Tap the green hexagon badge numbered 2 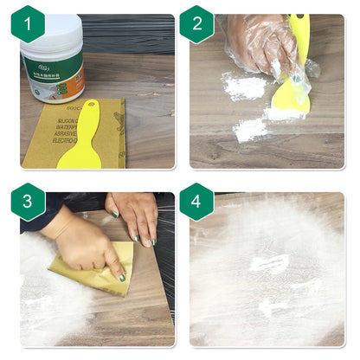coord(196,24)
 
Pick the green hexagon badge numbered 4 coord(196,201)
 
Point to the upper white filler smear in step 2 coord(244,87)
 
